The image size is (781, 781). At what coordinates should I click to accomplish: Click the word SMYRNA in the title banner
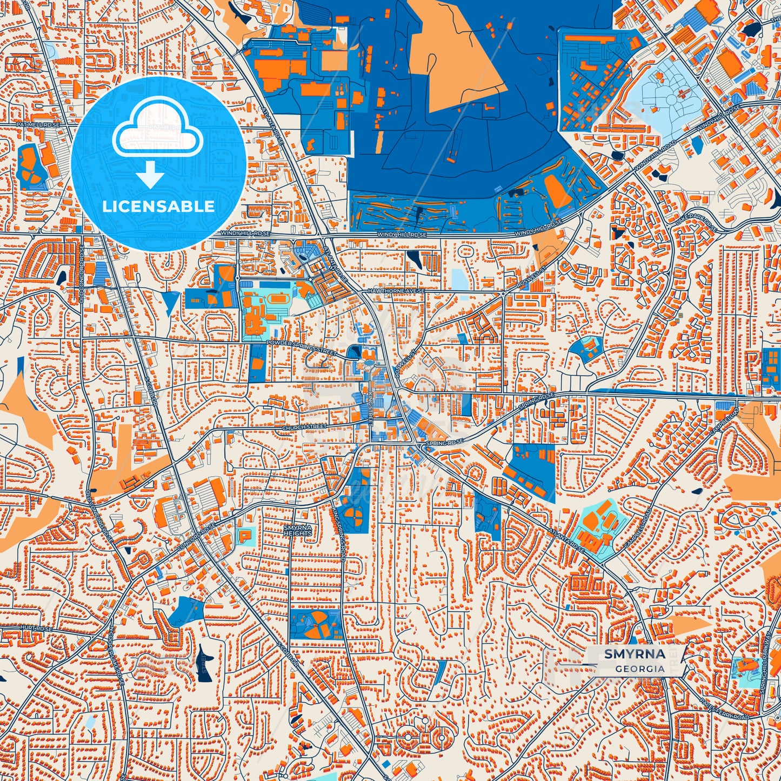(635, 654)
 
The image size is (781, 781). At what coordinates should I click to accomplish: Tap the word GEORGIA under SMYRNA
(639, 669)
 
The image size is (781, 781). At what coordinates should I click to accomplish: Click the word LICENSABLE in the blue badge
(158, 206)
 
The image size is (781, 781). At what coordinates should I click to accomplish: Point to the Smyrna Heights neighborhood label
(298, 530)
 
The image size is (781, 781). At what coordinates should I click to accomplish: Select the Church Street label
(305, 427)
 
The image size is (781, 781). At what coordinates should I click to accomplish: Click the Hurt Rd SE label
(37, 629)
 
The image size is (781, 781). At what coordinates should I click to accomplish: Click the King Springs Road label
(339, 532)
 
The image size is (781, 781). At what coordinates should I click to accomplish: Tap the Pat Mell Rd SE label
(37, 124)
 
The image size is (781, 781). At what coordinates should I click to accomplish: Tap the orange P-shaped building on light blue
(244, 535)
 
